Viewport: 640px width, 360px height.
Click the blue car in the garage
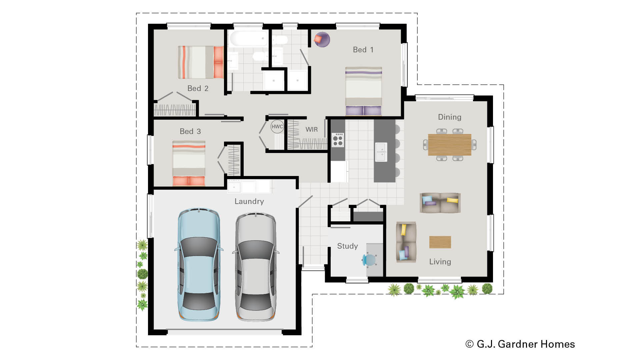pyautogui.click(x=199, y=265)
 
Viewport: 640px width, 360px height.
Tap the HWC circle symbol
pyautogui.click(x=277, y=127)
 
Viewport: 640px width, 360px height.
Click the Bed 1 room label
pyautogui.click(x=363, y=50)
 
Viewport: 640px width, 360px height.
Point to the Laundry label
pyautogui.click(x=249, y=201)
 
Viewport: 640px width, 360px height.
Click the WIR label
pyautogui.click(x=311, y=129)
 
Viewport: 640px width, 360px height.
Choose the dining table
pyautogui.click(x=449, y=145)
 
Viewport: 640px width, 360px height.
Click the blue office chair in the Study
pyautogui.click(x=370, y=259)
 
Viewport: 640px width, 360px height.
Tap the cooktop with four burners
pyautogui.click(x=338, y=140)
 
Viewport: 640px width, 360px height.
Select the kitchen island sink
pyautogui.click(x=381, y=152)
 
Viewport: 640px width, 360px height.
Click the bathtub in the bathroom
pyautogui.click(x=248, y=39)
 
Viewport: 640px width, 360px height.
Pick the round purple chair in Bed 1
pyautogui.click(x=322, y=40)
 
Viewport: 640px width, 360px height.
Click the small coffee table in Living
pyautogui.click(x=440, y=242)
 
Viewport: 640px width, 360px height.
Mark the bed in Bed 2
pyautogui.click(x=200, y=62)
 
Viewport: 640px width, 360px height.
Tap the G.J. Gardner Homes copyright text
pyautogui.click(x=520, y=344)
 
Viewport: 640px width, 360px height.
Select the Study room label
pyautogui.click(x=347, y=246)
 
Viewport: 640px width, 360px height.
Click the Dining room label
pyautogui.click(x=449, y=117)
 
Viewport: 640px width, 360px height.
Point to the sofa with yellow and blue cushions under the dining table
pyautogui.click(x=440, y=203)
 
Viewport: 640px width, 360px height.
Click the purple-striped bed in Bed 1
pyautogui.click(x=363, y=91)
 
